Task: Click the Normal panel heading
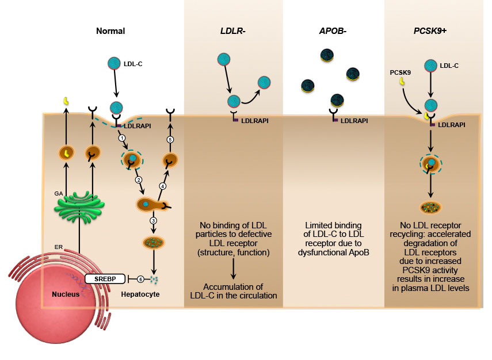click(x=110, y=31)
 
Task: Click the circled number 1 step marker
click(x=121, y=138)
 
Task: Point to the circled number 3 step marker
click(x=154, y=221)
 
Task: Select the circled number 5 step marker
click(x=170, y=140)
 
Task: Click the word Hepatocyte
click(x=141, y=294)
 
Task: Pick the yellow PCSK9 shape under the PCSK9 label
click(x=402, y=82)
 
